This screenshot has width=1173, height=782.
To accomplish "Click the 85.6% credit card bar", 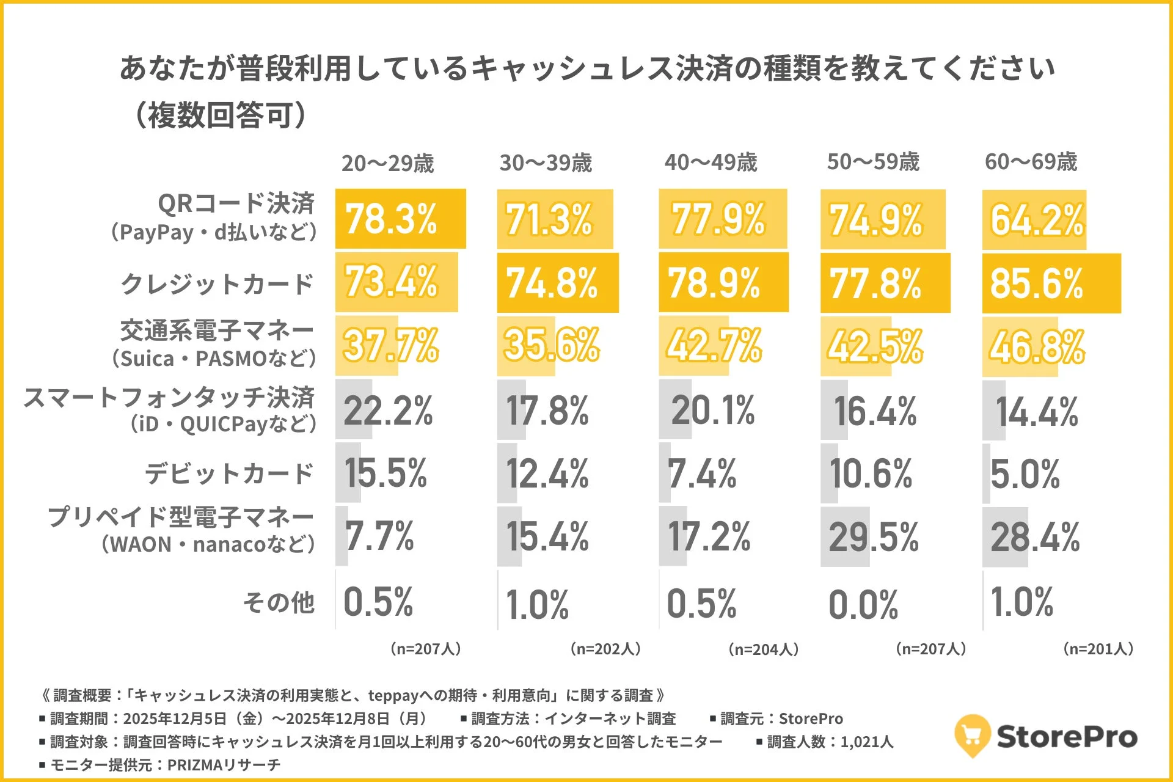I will tap(1051, 283).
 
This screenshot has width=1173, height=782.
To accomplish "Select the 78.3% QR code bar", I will tap(400, 219).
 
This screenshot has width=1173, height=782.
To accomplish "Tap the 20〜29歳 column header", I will tap(387, 163).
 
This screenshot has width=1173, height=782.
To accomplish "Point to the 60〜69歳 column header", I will tap(1031, 162).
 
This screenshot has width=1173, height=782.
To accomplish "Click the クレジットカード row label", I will tap(217, 284).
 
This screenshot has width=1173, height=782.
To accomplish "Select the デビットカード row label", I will tap(229, 473).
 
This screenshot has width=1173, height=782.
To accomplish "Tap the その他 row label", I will tap(279, 602).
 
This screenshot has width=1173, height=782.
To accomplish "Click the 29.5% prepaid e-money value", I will tap(873, 537).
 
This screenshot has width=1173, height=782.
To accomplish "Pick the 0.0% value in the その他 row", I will tap(863, 605).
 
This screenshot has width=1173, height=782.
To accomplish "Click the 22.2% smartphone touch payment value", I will tap(388, 411).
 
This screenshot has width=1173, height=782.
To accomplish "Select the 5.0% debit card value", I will tap(1025, 474).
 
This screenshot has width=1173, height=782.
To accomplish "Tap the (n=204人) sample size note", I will tap(763, 649).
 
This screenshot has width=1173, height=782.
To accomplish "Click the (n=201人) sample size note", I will tap(1098, 649).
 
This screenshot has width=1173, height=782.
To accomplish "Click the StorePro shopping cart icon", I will tap(971, 735).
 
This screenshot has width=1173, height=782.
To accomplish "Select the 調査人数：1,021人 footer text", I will tap(825, 742).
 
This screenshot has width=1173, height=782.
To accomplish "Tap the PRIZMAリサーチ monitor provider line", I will tap(160, 764).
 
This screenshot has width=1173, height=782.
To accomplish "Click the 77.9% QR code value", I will tap(718, 219).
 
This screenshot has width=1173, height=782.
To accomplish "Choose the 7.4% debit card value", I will tap(701, 474).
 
